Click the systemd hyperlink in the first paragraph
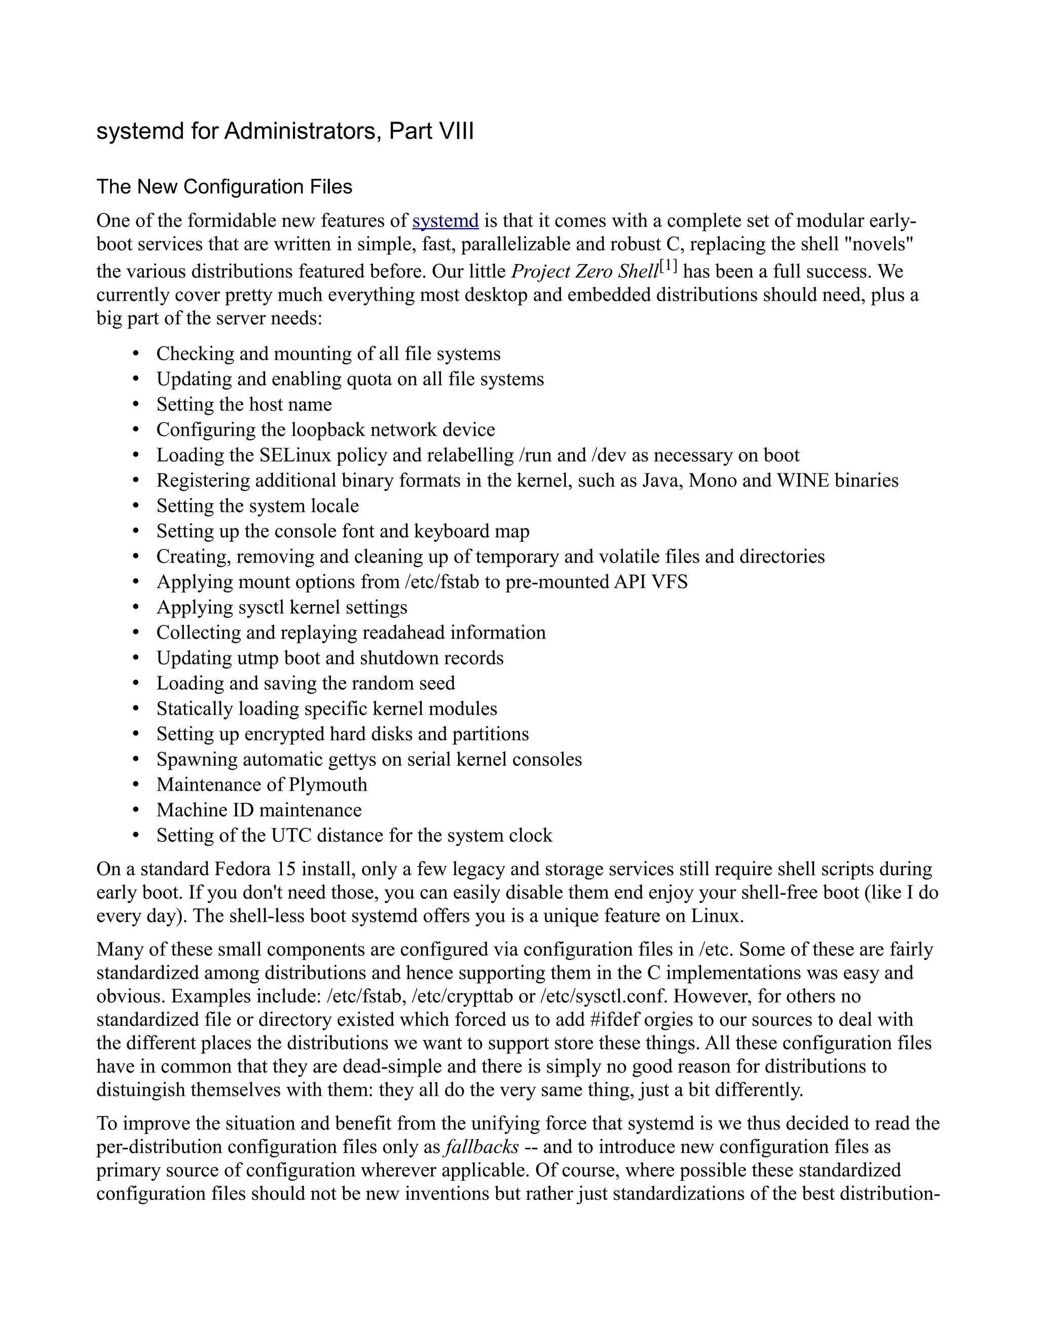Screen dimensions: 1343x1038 click(x=445, y=221)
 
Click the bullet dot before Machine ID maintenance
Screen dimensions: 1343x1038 click(x=136, y=810)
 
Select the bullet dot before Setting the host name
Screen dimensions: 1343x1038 click(x=136, y=404)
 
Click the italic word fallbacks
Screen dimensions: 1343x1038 click(x=481, y=1147)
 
